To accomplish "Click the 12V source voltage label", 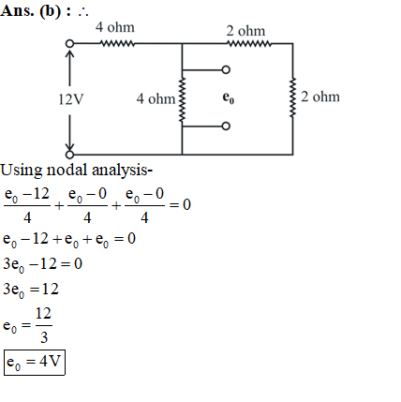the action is [x=71, y=99].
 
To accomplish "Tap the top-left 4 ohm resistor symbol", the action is [x=117, y=43].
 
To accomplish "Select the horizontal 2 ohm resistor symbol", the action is [x=249, y=43].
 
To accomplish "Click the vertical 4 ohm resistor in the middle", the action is [x=182, y=99].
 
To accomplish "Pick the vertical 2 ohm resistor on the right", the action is [x=292, y=98].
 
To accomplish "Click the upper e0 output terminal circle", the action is [x=226, y=69].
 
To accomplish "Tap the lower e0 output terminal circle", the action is [x=226, y=127].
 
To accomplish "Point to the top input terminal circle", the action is [x=69, y=43].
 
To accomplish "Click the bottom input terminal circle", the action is [x=69, y=155].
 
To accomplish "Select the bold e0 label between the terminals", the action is [x=229, y=97].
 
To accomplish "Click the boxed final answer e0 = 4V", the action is [x=35, y=363].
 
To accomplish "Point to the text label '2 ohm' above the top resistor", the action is [x=245, y=31].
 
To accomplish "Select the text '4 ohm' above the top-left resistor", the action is [x=115, y=27].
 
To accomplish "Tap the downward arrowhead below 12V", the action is [x=69, y=147].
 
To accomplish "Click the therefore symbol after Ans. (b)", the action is [x=83, y=12].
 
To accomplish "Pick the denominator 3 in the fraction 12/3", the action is [x=44, y=337].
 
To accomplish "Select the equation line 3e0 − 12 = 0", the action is [x=42, y=264].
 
